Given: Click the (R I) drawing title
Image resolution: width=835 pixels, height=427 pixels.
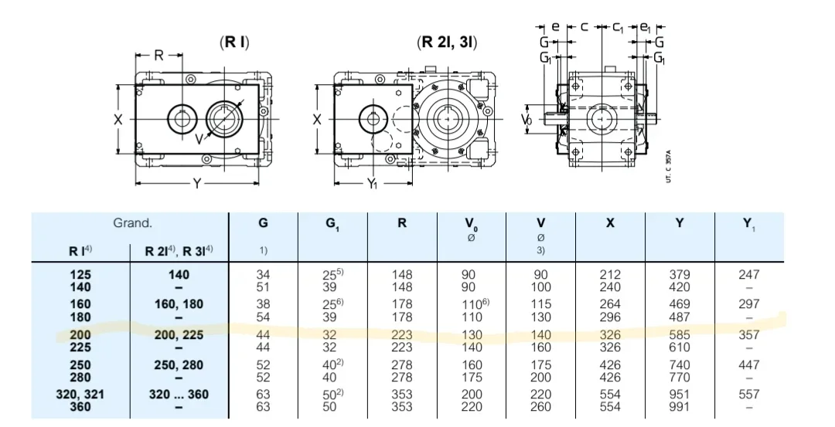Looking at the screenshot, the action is pyautogui.click(x=234, y=42).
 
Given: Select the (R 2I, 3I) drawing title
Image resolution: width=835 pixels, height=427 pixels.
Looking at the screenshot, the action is pyautogui.click(x=447, y=42).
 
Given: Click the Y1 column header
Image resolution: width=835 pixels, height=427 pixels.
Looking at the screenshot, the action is pyautogui.click(x=749, y=225).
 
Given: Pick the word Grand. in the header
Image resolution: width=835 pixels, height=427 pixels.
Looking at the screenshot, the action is pyautogui.click(x=133, y=223).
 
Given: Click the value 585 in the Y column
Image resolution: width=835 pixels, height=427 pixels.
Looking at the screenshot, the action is pyautogui.click(x=680, y=335).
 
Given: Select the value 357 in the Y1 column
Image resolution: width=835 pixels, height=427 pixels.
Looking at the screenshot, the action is pyautogui.click(x=748, y=335).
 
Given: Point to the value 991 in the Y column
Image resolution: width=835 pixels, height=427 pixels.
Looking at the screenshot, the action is pyautogui.click(x=680, y=407).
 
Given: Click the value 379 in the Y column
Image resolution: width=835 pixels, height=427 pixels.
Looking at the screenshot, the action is pyautogui.click(x=680, y=275).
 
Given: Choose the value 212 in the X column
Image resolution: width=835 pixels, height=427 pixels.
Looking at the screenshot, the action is pyautogui.click(x=610, y=275).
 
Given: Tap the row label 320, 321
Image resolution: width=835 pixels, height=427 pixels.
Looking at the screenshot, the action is pyautogui.click(x=80, y=395).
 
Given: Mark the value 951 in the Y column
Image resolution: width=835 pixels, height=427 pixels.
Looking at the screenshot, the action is pyautogui.click(x=680, y=395).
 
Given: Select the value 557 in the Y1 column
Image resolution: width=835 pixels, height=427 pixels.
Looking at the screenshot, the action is pyautogui.click(x=748, y=395).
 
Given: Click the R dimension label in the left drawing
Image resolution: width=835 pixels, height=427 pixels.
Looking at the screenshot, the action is pyautogui.click(x=158, y=55).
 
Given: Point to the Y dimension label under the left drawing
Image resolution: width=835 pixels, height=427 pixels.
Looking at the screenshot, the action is pyautogui.click(x=198, y=184).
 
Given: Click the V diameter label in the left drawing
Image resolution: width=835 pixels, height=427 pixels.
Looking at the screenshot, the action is pyautogui.click(x=199, y=139).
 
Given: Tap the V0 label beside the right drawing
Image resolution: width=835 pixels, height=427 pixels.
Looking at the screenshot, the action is pyautogui.click(x=527, y=119).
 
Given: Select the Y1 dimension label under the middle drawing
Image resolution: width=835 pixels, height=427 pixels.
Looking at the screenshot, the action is pyautogui.click(x=372, y=184).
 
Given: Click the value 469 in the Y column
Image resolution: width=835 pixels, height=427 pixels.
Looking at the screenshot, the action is pyautogui.click(x=680, y=304).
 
